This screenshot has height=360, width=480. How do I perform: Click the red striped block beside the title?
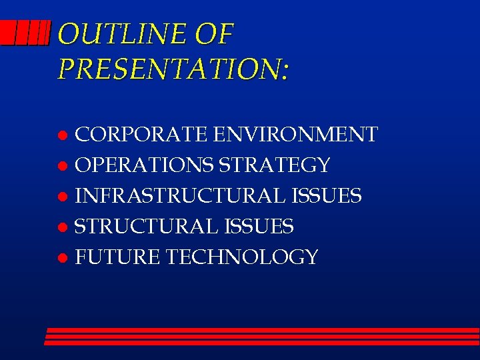click(25, 32)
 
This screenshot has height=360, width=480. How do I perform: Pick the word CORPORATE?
click(141, 135)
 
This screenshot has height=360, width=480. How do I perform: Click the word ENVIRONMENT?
click(295, 135)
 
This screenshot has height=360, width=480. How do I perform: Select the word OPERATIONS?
click(145, 165)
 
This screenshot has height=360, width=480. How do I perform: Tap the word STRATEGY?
click(275, 165)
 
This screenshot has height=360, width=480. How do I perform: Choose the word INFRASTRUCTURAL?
click(181, 196)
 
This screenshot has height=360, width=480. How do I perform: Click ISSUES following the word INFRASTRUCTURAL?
click(327, 196)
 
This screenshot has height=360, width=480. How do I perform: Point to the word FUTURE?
click(117, 257)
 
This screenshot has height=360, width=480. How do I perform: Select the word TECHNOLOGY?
click(241, 257)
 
